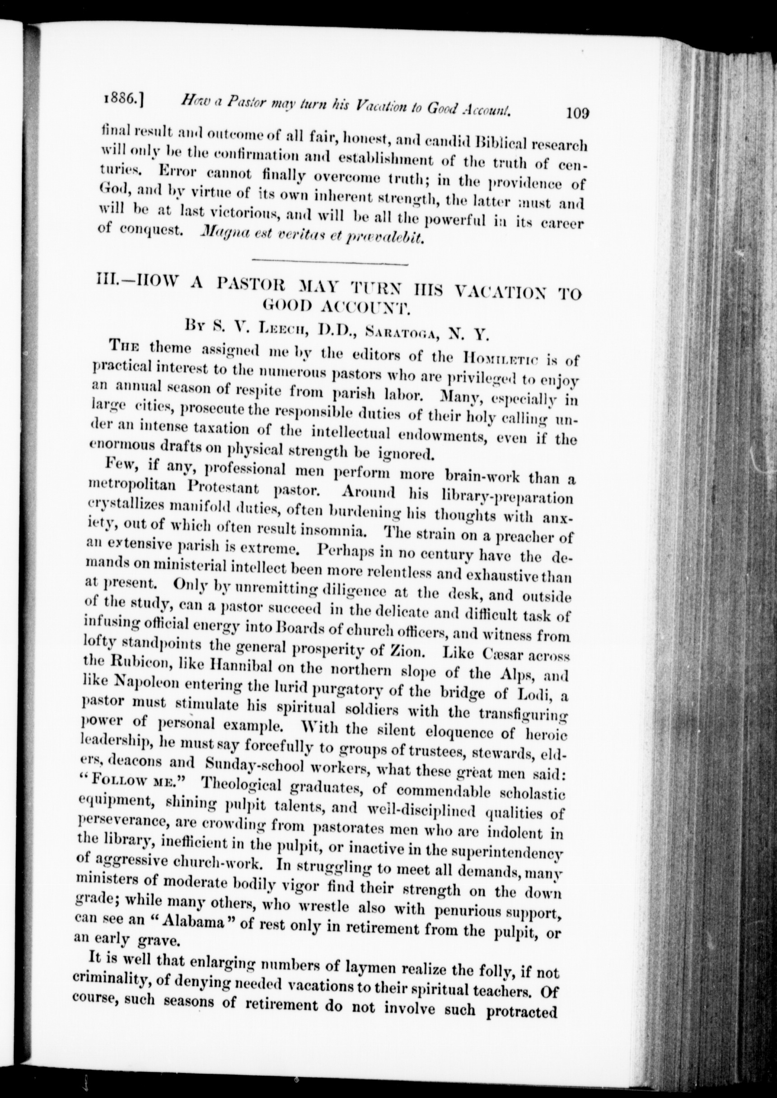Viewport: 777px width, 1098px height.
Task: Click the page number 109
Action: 576,113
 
